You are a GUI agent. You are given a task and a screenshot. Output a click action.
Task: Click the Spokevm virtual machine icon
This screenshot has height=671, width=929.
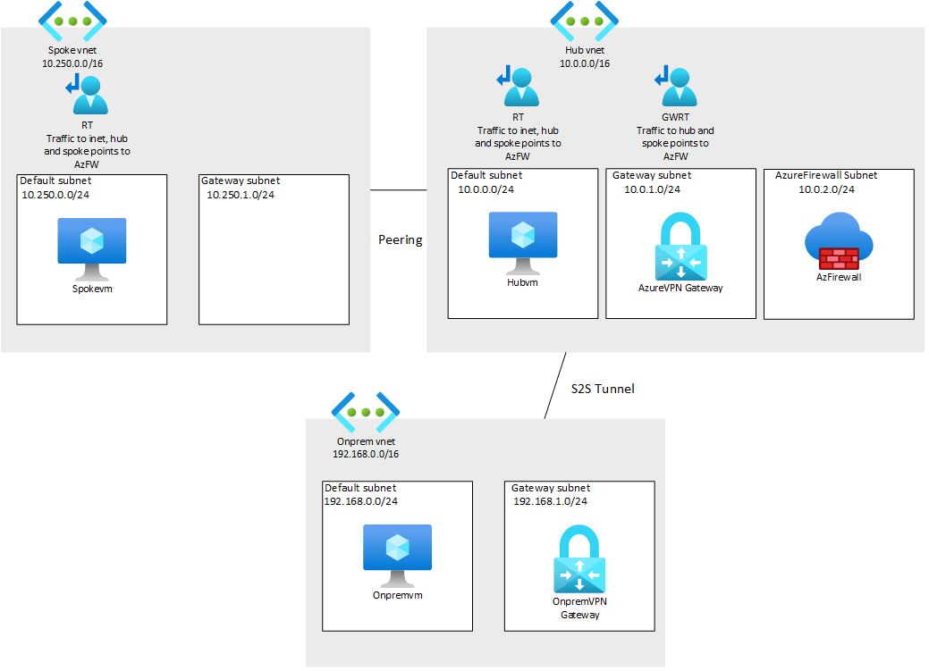(92, 247)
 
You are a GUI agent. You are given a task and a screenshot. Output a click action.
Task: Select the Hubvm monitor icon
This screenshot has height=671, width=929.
(522, 240)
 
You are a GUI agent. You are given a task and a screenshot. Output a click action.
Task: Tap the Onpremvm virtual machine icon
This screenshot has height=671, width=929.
(397, 553)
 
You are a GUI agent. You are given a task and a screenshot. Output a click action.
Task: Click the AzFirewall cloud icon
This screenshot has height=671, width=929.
(838, 242)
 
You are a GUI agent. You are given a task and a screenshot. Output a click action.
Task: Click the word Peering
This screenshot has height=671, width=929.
(400, 239)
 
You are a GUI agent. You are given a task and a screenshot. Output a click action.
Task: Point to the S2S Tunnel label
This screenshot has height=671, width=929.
(603, 389)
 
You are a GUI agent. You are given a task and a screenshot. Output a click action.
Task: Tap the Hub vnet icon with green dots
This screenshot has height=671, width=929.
(585, 20)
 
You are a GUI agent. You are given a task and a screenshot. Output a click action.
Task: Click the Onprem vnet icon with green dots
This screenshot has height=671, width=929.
(365, 411)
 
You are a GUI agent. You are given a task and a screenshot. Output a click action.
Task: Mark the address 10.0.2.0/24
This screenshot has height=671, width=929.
(826, 189)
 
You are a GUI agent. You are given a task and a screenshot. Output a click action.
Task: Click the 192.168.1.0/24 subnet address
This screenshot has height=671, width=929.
(550, 501)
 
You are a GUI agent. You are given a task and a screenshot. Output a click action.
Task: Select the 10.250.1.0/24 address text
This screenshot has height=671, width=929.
(240, 195)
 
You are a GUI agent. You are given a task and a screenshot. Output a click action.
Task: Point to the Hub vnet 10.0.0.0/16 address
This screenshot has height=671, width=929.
(585, 64)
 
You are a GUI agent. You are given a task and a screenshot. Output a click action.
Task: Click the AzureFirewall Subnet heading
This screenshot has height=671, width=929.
(826, 176)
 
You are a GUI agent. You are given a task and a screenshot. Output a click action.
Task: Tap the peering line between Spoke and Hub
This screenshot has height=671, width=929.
(398, 189)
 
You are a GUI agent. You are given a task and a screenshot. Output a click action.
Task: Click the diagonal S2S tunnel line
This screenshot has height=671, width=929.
(555, 385)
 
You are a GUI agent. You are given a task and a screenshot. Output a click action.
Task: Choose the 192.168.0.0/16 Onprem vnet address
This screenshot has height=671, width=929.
(365, 454)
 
